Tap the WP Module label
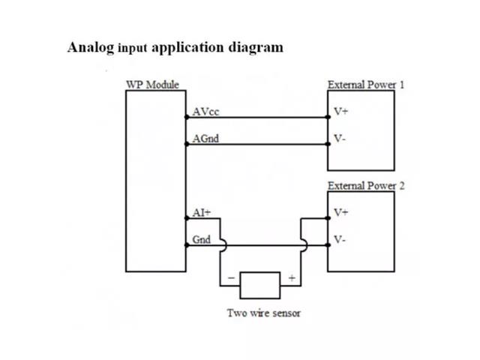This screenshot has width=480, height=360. point(151,85)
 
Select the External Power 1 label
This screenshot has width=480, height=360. point(365,85)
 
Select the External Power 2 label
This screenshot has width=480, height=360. point(365,186)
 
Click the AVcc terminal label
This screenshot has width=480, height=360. point(205,112)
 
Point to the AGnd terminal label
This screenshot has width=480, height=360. point(205,139)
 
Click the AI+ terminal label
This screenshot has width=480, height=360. point(201,213)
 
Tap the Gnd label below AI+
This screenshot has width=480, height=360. point(201,240)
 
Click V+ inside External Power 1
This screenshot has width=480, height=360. point(341,112)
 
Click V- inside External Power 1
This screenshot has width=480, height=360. point(340,139)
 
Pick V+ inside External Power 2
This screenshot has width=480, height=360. point(341,213)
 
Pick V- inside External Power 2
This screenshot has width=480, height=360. point(340,240)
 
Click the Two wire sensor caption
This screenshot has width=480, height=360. point(264,313)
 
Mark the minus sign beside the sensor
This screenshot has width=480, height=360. point(230,278)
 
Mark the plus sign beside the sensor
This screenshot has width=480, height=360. point(291,278)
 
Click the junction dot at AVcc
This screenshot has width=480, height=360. point(186,117)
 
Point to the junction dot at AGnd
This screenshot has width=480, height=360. point(186,144)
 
